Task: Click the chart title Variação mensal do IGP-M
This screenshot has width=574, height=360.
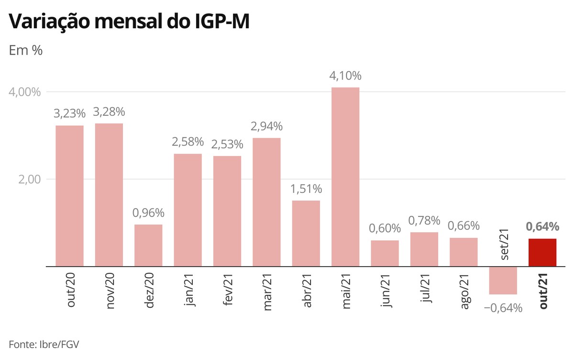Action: (129, 22)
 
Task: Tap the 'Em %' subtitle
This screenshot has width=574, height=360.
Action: (26, 50)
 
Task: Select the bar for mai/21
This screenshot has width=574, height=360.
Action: (345, 177)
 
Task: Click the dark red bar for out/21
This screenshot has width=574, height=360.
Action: (542, 252)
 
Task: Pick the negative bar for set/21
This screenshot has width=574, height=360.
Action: (503, 280)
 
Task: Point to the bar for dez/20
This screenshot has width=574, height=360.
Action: (148, 245)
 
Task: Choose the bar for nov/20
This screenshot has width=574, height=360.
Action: (109, 194)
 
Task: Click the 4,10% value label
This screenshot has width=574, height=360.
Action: (345, 76)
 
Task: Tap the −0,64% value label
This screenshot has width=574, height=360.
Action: (503, 308)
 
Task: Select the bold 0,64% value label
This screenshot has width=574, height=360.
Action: (542, 226)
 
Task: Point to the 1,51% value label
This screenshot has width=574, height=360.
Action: (306, 189)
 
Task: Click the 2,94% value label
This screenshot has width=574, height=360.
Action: (267, 126)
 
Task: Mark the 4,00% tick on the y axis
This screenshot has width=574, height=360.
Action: (25, 91)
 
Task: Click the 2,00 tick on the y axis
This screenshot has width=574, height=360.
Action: (30, 179)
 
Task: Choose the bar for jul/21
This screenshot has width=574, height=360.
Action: (424, 249)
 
